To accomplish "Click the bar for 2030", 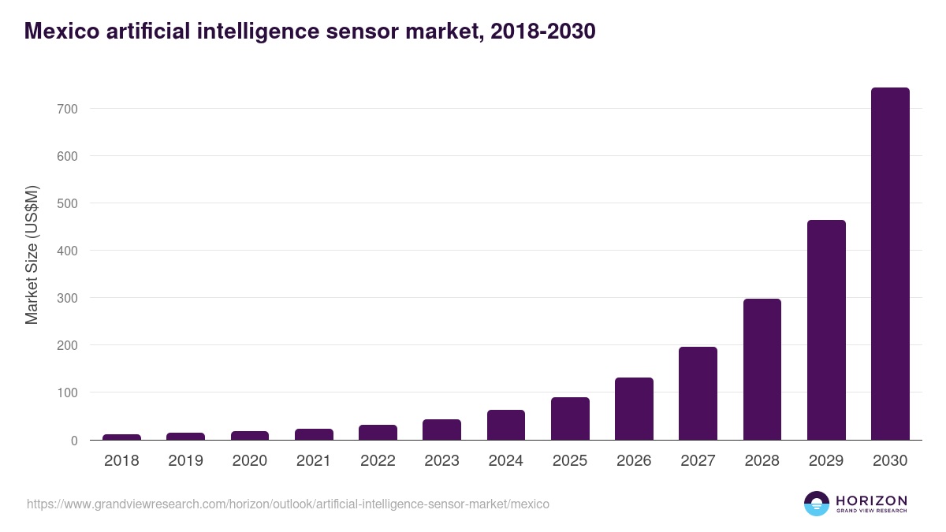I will pos(890,264).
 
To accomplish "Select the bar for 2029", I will pos(826,330).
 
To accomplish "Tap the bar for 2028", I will pos(762,370).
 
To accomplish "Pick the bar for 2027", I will pos(698,393).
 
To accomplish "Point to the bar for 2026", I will pos(634,409).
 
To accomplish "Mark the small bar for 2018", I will pos(121,437).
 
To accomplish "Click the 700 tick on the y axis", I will pos(67,109).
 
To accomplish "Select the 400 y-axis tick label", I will pos(67,251).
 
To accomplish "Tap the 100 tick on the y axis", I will pos(67,392).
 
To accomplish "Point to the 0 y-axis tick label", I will pos(73,441).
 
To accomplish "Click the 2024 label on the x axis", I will pos(505,461).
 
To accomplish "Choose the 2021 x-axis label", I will pos(314,461).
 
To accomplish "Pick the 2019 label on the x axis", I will pos(185,461).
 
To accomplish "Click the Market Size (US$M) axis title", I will pos(32,255).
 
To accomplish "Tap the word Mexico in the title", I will pos(61,32).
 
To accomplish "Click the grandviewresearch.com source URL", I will pos(288,504).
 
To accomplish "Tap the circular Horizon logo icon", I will pos(817,504).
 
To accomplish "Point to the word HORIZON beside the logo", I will pos(872,500).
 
